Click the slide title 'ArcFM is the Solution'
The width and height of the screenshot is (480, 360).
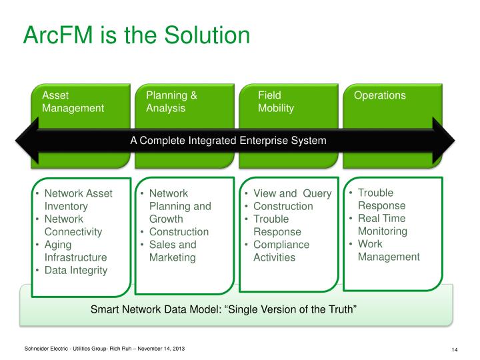137,35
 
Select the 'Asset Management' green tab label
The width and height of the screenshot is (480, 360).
73,101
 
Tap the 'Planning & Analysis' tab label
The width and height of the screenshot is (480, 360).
171,101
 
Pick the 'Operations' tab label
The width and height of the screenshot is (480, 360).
379,95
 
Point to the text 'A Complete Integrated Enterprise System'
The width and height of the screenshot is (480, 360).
228,141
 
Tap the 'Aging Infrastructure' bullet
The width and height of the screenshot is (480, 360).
75,251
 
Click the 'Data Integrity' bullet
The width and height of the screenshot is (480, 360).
75,270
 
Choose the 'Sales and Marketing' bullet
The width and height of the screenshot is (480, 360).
173,251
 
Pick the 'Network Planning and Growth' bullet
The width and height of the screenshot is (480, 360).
180,206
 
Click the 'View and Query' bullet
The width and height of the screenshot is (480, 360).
292,193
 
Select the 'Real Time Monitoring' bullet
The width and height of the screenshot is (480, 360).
382,225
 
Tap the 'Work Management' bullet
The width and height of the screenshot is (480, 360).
389,250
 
